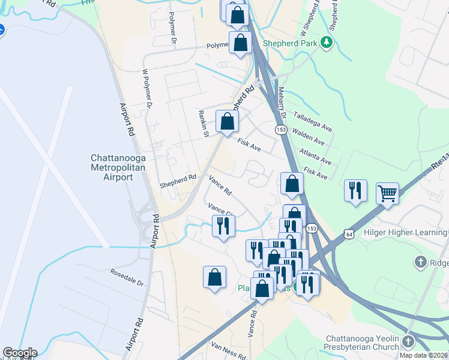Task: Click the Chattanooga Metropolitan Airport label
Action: [x=111, y=167]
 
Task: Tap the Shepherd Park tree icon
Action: [x=327, y=42]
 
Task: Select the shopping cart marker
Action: [x=388, y=193]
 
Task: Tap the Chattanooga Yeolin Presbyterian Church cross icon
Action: [x=409, y=341]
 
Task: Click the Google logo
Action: [x=20, y=353]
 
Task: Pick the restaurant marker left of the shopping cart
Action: [x=355, y=190]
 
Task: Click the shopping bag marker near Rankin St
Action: [x=227, y=122]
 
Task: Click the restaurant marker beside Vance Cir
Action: [x=223, y=226]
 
